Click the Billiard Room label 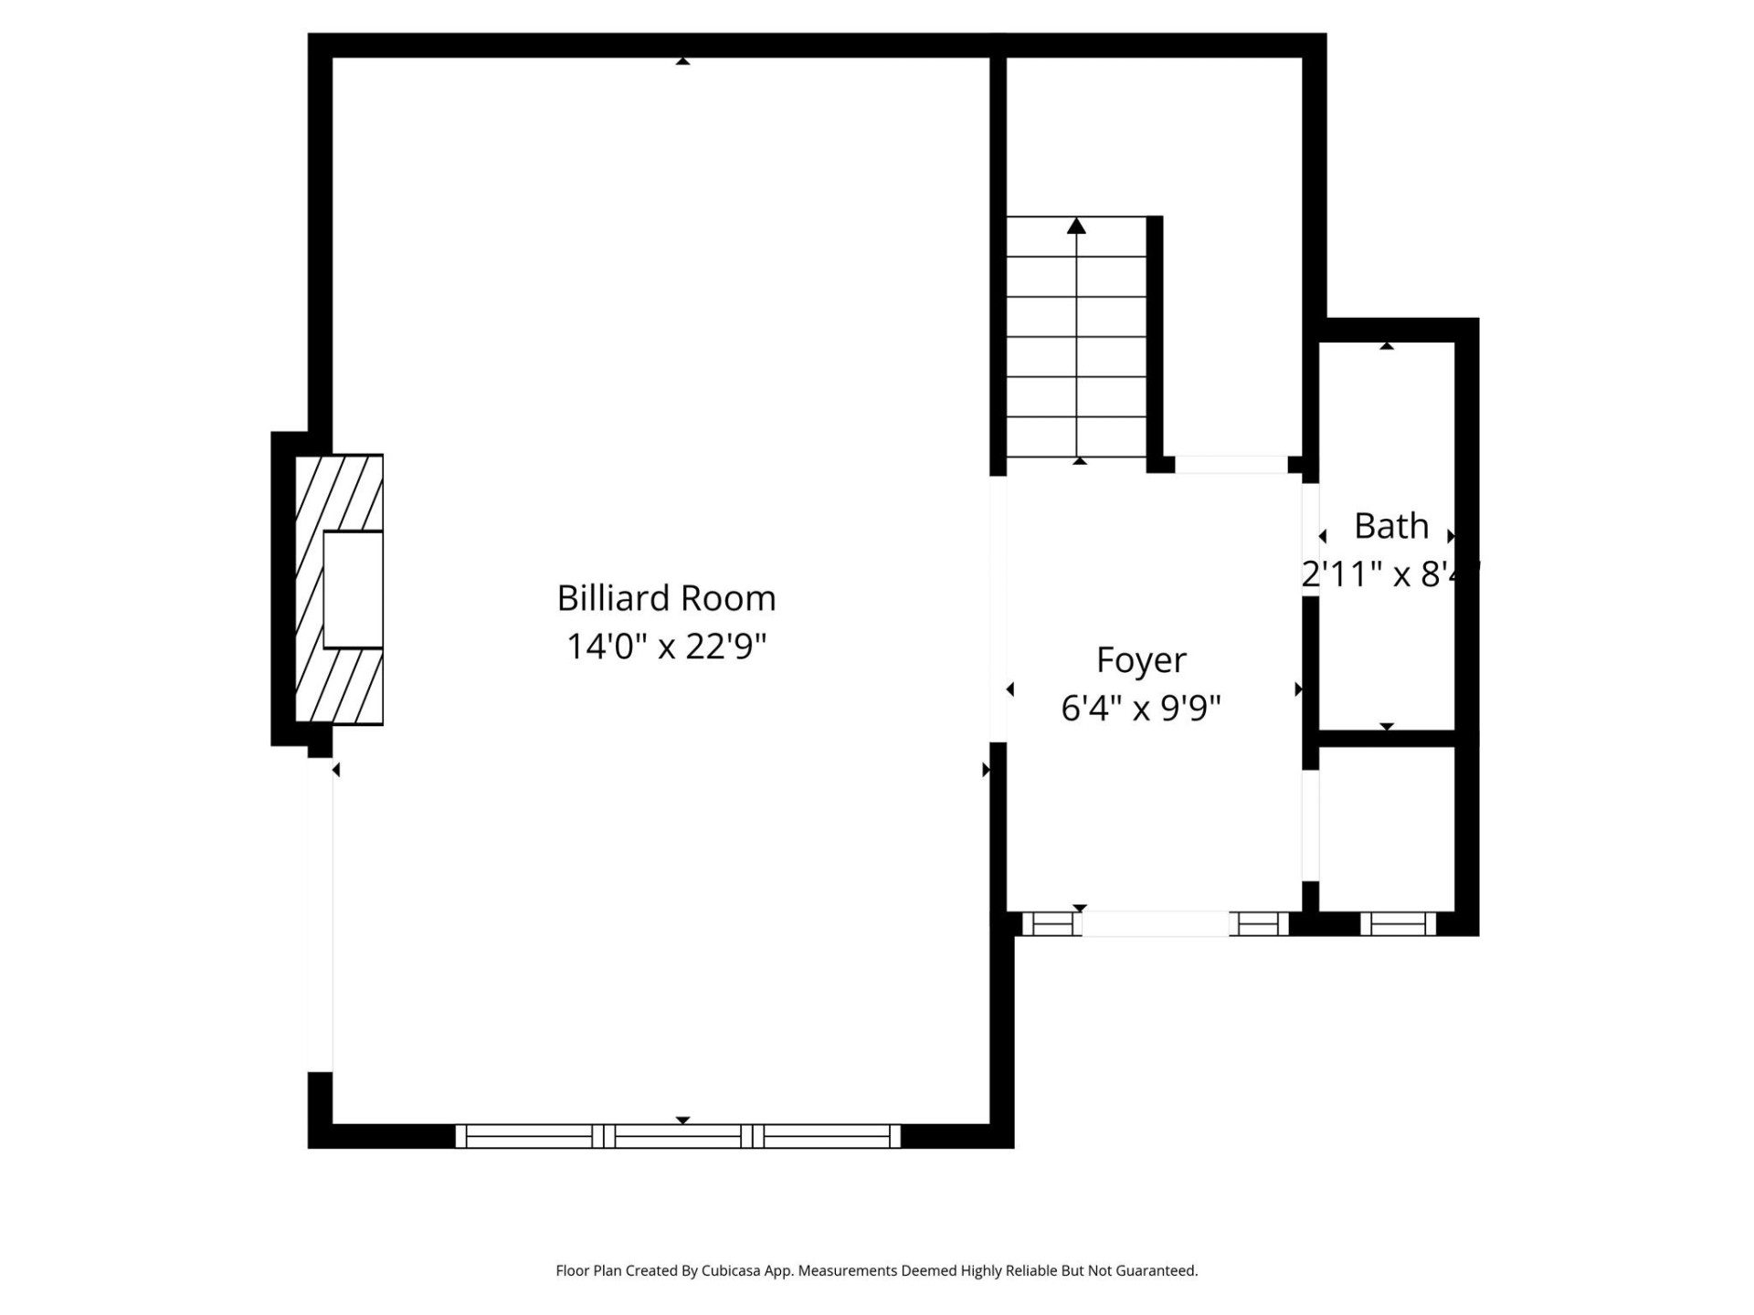pos(666,599)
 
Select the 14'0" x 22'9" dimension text pos(666,647)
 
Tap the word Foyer pos(1141,659)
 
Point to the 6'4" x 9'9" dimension pos(1141,708)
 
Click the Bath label pos(1390,526)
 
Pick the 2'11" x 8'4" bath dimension pos(1389,574)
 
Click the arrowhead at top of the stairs pos(1077,226)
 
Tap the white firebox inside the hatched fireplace pos(353,590)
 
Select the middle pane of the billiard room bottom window pos(678,1136)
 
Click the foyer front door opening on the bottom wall pos(1156,924)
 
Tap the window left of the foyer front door pos(1051,924)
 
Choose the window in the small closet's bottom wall pos(1398,924)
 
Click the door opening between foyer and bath pos(1310,539)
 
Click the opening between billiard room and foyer pos(998,609)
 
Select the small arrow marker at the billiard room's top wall pos(682,61)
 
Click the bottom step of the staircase pos(1077,437)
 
